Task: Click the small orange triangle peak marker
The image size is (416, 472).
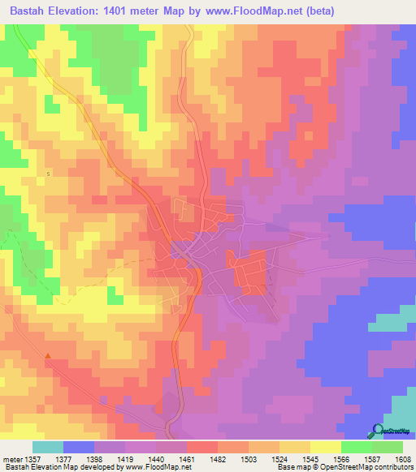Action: pyautogui.click(x=48, y=355)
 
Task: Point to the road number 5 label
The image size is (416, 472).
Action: pyautogui.click(x=48, y=174)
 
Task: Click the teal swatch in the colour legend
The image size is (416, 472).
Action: pyautogui.click(x=48, y=447)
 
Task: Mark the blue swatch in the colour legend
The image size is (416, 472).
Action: pyautogui.click(x=79, y=447)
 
